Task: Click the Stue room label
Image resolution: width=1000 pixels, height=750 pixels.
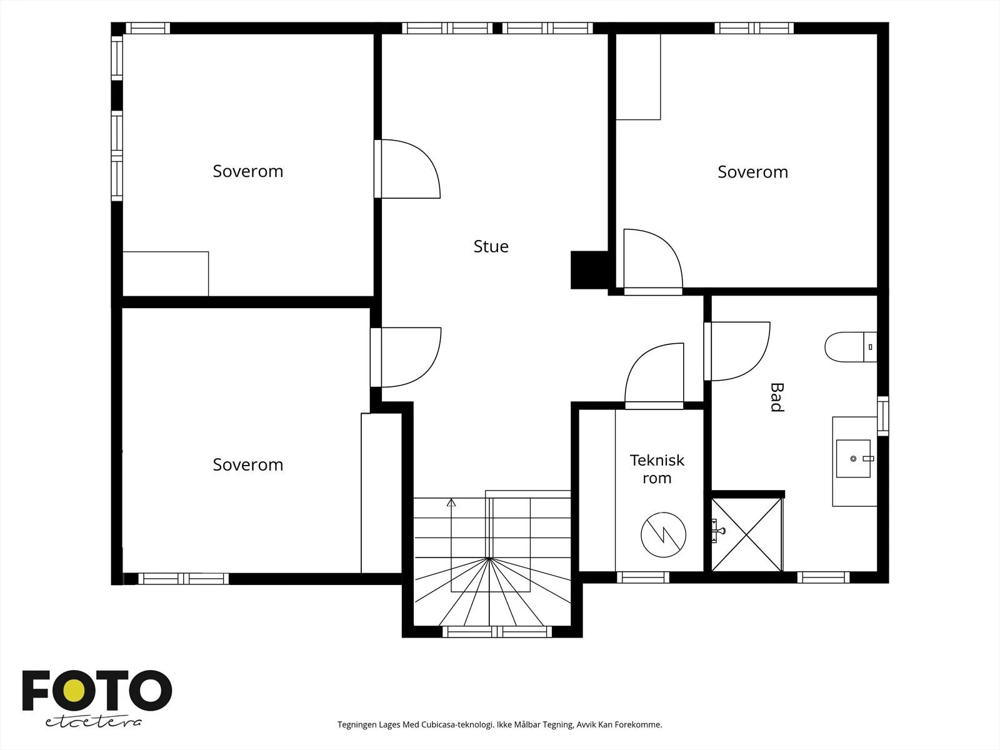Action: click(491, 246)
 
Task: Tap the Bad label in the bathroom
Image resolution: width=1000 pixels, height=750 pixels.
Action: click(777, 397)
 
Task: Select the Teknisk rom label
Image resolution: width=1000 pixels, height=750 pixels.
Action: click(657, 469)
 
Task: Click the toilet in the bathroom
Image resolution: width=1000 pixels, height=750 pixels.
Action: click(850, 347)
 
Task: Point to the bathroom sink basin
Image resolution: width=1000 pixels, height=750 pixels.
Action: click(853, 459)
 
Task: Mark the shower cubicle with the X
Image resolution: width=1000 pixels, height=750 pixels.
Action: click(747, 534)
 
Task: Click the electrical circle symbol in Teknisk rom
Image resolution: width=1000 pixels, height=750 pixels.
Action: click(663, 534)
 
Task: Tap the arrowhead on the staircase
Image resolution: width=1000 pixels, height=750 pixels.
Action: click(451, 502)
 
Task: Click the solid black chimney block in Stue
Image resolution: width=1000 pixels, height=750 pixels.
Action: click(589, 270)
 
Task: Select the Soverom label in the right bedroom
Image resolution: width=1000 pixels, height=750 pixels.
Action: click(752, 172)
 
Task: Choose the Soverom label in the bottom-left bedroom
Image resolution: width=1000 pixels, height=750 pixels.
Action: click(248, 465)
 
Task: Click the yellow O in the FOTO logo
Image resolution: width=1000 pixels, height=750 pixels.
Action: click(74, 691)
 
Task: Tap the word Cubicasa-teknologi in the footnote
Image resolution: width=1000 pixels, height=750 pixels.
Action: click(457, 724)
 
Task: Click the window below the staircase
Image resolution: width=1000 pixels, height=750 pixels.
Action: click(497, 632)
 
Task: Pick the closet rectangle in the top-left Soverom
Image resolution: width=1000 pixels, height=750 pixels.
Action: click(166, 274)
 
